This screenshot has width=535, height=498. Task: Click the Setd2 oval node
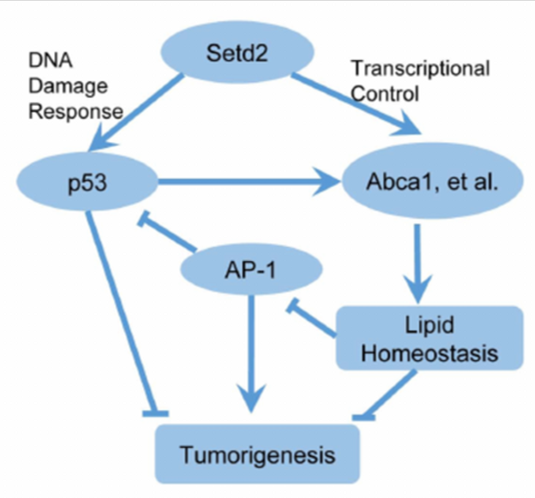pyautogui.click(x=237, y=53)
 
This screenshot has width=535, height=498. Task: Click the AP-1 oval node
pyautogui.click(x=253, y=272)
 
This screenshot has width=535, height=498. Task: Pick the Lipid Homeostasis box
pyautogui.click(x=429, y=338)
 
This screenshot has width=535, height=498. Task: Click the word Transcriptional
pyautogui.click(x=421, y=69)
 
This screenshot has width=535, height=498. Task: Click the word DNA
pyautogui.click(x=51, y=61)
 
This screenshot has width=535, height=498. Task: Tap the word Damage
pyautogui.click(x=68, y=86)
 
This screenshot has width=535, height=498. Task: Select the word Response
pyautogui.click(x=76, y=111)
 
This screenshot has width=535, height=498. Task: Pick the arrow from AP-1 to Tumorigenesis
pyautogui.click(x=253, y=350)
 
